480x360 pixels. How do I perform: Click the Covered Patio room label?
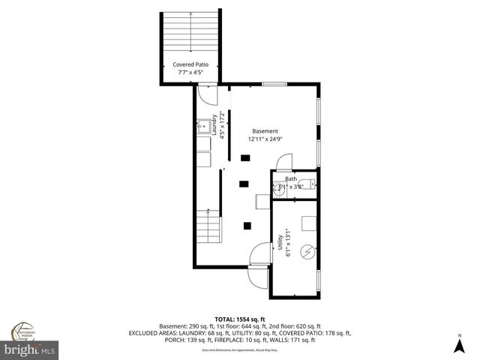click(x=190, y=64)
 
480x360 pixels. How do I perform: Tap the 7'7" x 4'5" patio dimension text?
click(x=190, y=73)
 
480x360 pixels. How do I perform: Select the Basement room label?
click(x=265, y=130)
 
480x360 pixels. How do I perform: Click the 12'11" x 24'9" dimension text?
click(x=265, y=139)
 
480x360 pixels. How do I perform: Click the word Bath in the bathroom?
click(x=291, y=179)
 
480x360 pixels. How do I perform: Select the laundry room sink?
click(x=203, y=126)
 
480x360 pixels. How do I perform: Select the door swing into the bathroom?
click(x=283, y=161)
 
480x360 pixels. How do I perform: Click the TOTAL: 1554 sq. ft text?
click(x=240, y=319)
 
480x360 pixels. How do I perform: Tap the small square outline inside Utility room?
click(x=307, y=222)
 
